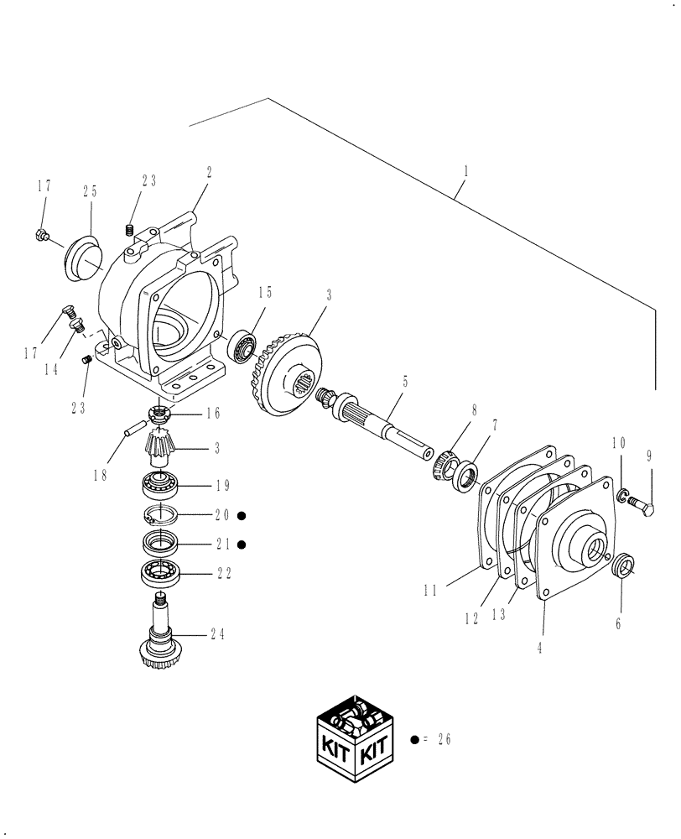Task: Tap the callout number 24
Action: point(217,635)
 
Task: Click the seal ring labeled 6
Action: point(621,567)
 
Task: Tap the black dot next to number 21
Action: point(242,545)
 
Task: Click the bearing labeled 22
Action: point(160,573)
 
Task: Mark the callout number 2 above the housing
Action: point(209,172)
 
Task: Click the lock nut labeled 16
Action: point(159,414)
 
